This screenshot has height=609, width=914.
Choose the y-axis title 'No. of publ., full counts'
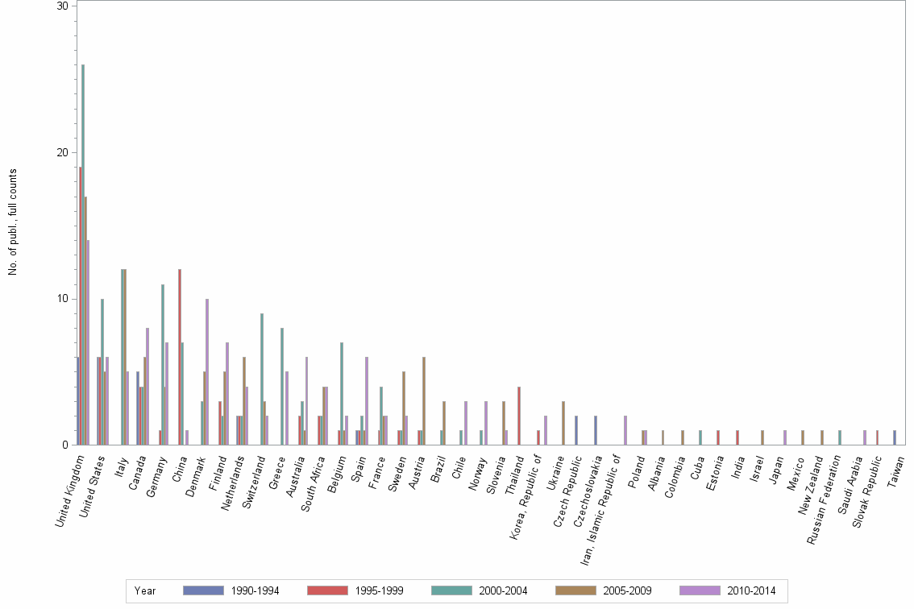(x=13, y=222)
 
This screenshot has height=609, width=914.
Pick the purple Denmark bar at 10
(x=207, y=371)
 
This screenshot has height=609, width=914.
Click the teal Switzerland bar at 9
(x=262, y=379)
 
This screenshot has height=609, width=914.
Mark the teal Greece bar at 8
(x=282, y=386)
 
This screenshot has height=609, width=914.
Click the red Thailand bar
(x=519, y=416)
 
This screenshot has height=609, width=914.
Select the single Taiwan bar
(x=895, y=437)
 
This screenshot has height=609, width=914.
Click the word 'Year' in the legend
(x=145, y=590)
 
